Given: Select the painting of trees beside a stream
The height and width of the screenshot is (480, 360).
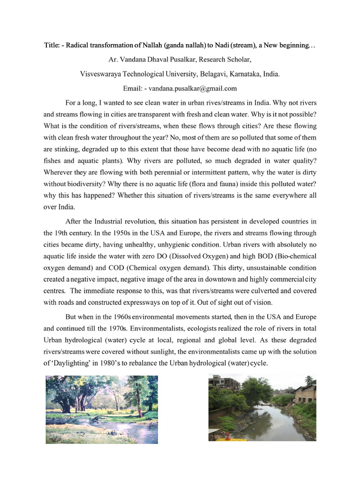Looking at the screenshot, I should click(x=102, y=409).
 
